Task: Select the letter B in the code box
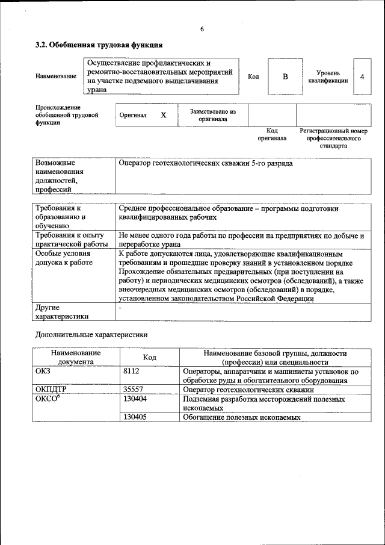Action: [286, 76]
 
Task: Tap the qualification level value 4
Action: [362, 76]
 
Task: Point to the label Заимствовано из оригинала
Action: [212, 115]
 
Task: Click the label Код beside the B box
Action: [253, 76]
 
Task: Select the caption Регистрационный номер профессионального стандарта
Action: [333, 138]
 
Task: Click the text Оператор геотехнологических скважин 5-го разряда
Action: [206, 163]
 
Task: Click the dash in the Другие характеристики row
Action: [120, 308]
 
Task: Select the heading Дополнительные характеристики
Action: [91, 334]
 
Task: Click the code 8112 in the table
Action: [131, 372]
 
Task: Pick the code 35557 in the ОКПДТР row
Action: [133, 390]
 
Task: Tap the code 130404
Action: [135, 399]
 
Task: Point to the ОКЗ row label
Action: [44, 372]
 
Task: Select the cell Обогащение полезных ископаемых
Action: [242, 417]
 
